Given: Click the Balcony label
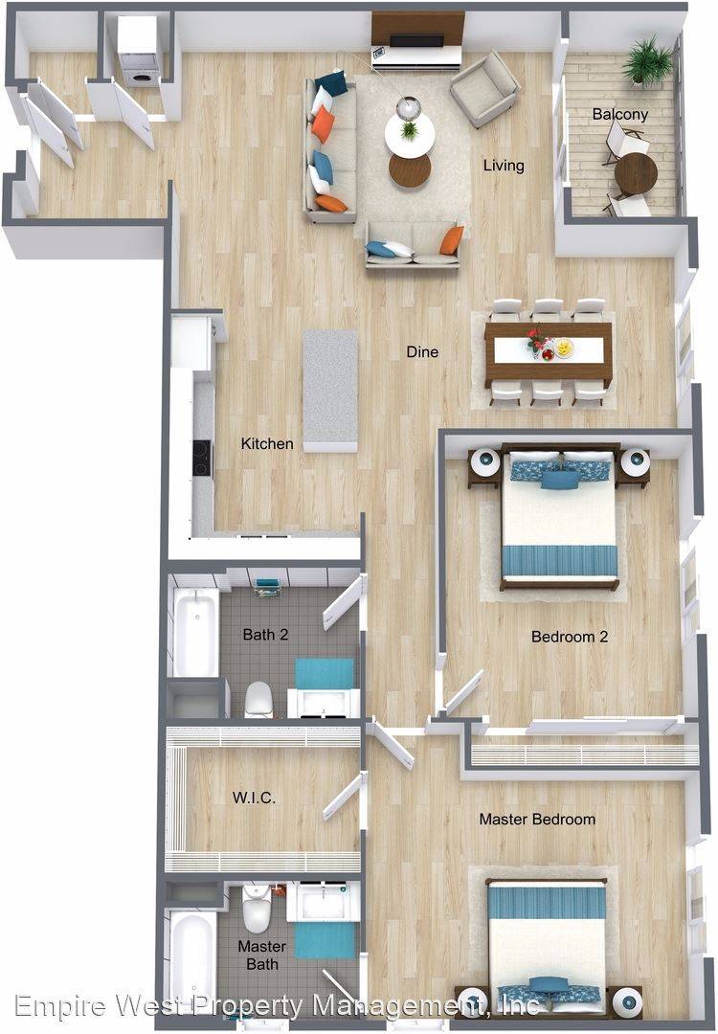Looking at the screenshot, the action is (619, 114).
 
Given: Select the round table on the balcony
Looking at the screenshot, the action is (636, 174).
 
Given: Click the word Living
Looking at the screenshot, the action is (504, 165).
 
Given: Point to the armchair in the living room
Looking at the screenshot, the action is (484, 89).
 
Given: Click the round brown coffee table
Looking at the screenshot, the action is (410, 170).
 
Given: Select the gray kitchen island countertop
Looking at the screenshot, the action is (330, 391).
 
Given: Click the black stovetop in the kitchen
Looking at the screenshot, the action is (201, 458).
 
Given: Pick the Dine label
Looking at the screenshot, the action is (422, 351).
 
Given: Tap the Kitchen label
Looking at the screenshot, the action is (267, 444).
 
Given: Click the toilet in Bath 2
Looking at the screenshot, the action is (259, 700).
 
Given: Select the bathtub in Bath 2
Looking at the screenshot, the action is (196, 632).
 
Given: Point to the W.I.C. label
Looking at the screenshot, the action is (254, 798).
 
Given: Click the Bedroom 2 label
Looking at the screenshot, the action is (570, 637).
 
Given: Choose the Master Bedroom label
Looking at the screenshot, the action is (537, 819).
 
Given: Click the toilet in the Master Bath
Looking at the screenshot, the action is (257, 909).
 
